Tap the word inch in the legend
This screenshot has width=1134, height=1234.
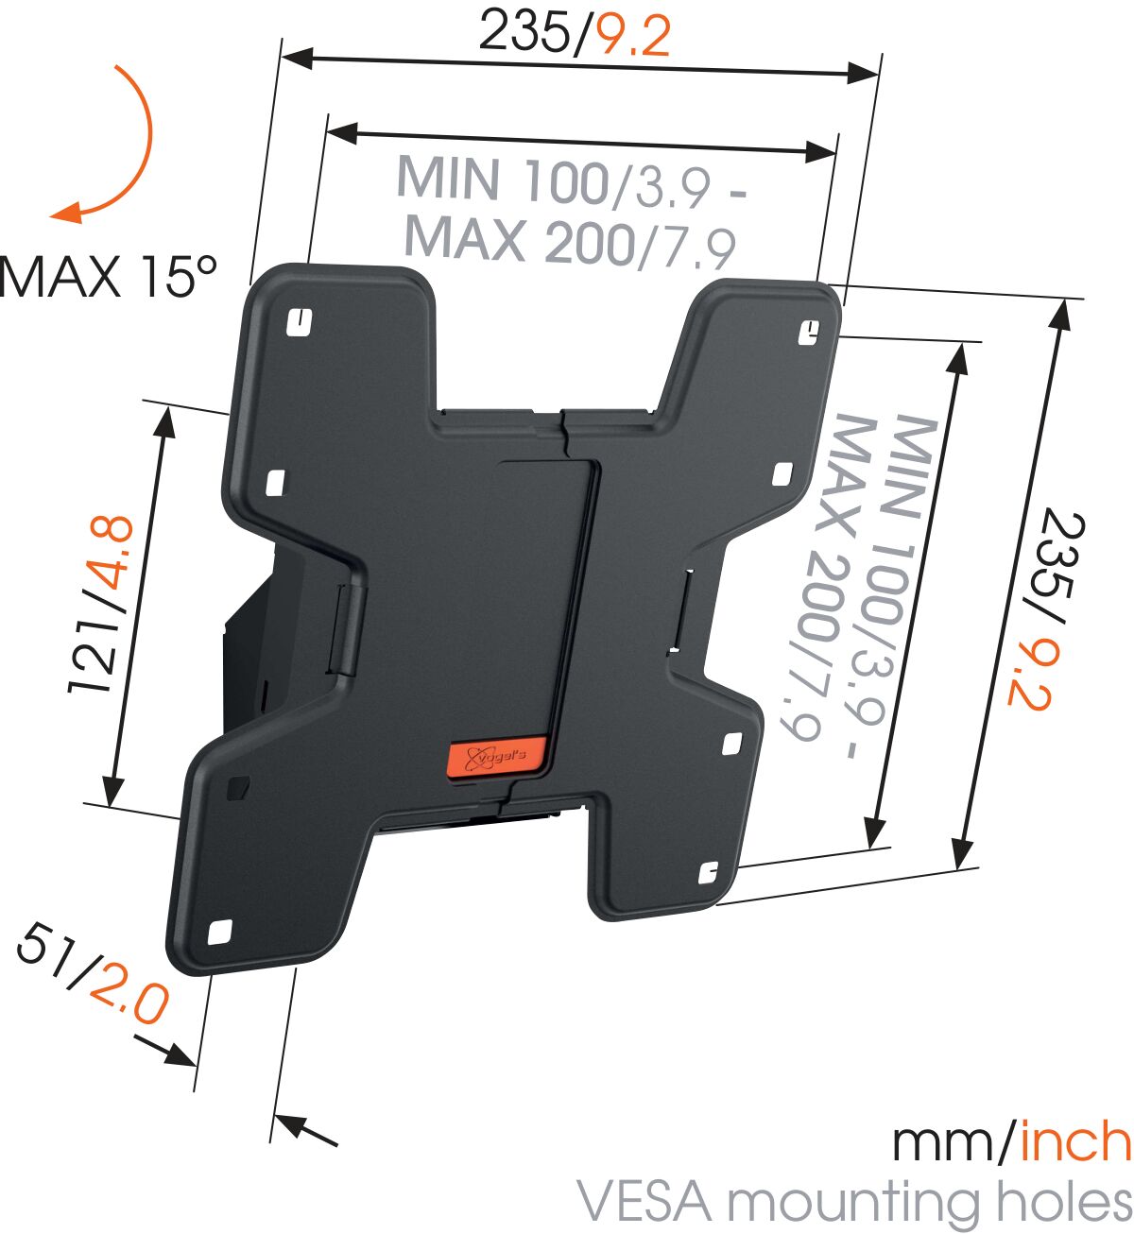pos(1075,1141)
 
